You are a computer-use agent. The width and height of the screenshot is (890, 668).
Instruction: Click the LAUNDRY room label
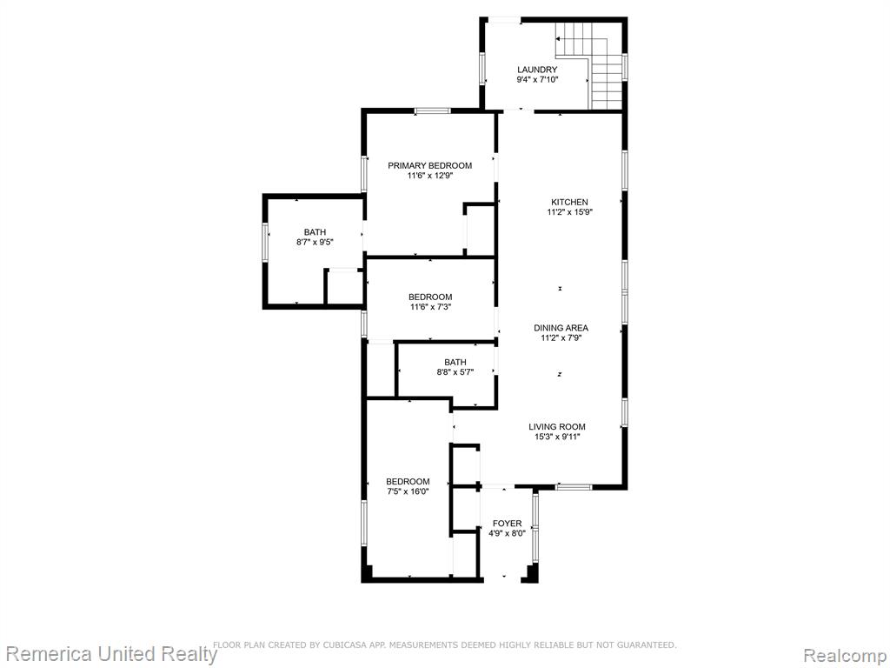tap(537, 70)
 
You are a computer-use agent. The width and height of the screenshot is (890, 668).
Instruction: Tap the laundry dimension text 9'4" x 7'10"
tap(537, 79)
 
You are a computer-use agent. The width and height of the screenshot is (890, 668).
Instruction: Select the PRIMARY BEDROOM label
tap(429, 166)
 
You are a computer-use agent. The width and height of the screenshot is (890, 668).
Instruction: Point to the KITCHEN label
tap(569, 202)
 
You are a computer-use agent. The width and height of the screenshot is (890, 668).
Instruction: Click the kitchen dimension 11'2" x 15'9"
tap(570, 212)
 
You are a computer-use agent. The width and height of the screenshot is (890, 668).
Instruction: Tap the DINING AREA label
tap(561, 328)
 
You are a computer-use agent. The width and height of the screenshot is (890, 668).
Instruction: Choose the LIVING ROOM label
tap(557, 427)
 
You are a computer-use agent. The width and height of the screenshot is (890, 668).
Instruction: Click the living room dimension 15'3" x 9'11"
tap(557, 438)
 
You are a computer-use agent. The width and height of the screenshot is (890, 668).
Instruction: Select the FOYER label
tap(507, 524)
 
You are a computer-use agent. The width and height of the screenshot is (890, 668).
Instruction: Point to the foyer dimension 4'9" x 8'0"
tap(507, 534)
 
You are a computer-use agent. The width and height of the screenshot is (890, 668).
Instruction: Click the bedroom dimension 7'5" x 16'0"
tap(408, 492)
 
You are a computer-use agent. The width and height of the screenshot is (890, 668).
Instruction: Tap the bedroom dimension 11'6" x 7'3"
tap(430, 307)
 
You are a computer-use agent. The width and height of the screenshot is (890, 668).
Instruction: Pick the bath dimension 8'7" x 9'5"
tap(315, 242)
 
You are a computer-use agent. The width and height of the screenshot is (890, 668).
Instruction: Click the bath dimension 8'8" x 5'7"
tap(455, 372)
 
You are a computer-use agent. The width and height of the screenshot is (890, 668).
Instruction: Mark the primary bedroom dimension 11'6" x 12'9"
tap(429, 176)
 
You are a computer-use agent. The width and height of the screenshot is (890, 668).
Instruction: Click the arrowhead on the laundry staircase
tap(559, 39)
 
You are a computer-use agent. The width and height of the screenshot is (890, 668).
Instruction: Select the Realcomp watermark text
tap(845, 656)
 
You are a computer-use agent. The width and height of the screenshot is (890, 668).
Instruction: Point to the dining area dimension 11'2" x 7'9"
tap(561, 338)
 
